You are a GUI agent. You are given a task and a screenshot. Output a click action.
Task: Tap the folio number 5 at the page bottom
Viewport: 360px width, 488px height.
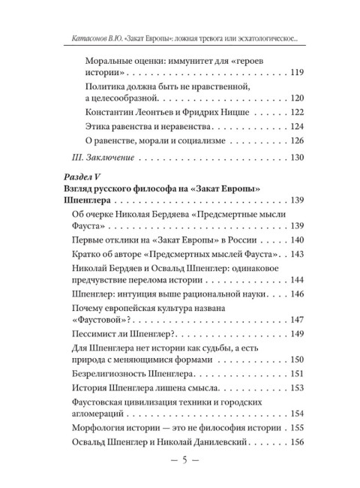[x=181, y=461]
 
